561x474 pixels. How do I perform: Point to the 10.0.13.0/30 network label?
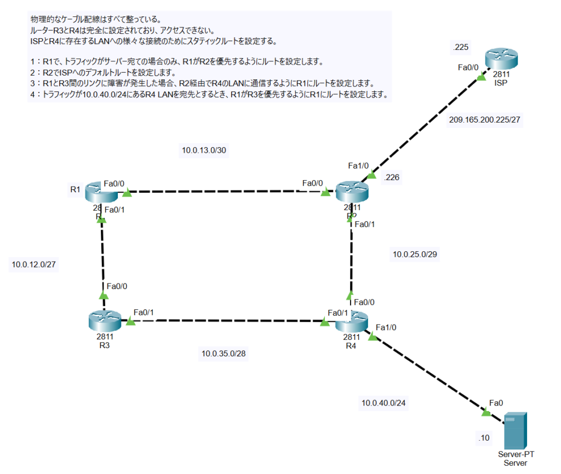click(x=204, y=151)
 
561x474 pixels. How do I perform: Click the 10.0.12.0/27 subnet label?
click(x=35, y=265)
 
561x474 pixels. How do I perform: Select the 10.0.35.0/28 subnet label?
click(x=224, y=354)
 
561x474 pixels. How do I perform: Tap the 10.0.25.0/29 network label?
click(x=415, y=254)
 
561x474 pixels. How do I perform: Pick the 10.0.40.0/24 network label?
click(x=383, y=403)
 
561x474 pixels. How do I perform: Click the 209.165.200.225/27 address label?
click(x=484, y=120)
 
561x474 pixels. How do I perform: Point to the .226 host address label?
click(x=393, y=177)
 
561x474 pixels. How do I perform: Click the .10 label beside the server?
click(x=484, y=438)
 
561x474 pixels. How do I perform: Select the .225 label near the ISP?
click(x=460, y=48)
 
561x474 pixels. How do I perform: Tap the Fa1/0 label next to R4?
click(x=386, y=327)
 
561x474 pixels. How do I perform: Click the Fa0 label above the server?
click(x=496, y=403)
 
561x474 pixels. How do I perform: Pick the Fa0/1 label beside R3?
click(x=144, y=312)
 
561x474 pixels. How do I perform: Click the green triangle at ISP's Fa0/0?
click(x=481, y=78)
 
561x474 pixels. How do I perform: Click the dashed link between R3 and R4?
click(x=227, y=321)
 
